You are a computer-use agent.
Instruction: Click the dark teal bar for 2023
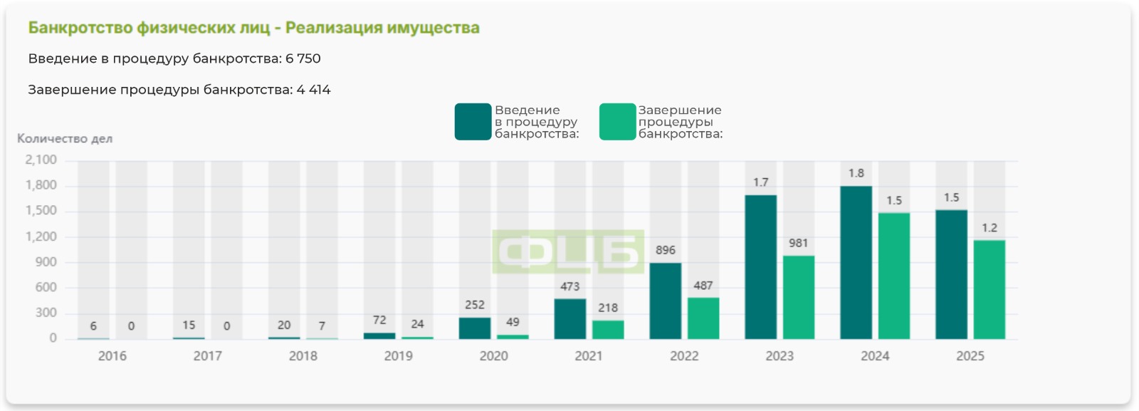click(760, 267)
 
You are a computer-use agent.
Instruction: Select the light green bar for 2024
click(893, 276)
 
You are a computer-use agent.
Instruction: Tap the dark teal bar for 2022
click(665, 301)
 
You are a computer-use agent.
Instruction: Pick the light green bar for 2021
click(608, 329)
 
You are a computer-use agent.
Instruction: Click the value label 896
click(665, 250)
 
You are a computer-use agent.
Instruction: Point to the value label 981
click(798, 243)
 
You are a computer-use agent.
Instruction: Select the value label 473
click(569, 286)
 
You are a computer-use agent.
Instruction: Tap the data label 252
click(475, 305)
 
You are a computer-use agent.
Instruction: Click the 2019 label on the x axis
click(398, 356)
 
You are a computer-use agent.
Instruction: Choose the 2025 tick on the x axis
click(970, 356)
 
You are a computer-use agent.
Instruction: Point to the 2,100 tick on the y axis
click(41, 160)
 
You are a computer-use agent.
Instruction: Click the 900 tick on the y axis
click(46, 262)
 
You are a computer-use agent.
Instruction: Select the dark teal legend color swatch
click(473, 122)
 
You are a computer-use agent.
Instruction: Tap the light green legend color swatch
click(616, 122)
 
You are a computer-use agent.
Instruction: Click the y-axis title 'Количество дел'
click(65, 139)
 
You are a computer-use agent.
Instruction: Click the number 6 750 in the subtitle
click(303, 58)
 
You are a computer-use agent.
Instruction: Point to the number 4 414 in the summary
click(313, 90)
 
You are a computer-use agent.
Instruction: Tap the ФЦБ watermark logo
click(568, 252)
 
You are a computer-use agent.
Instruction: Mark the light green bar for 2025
click(989, 289)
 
